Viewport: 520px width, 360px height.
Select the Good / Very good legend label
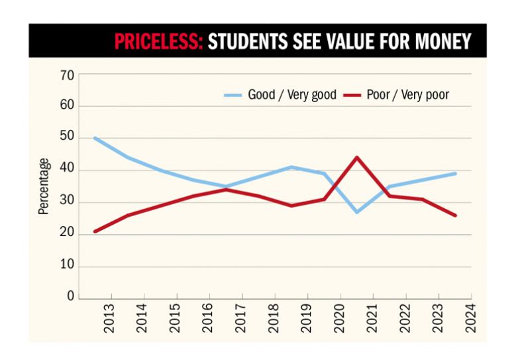(292, 95)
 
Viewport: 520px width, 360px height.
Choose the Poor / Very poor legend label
(407, 95)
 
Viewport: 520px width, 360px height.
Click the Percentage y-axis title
(44, 186)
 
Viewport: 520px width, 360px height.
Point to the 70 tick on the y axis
(67, 74)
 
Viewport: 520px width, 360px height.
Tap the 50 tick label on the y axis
(67, 139)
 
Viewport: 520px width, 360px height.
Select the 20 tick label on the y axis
(67, 235)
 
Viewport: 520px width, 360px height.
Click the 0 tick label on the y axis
(70, 297)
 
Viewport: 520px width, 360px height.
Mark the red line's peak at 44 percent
(357, 157)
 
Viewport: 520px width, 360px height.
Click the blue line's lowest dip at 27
(357, 212)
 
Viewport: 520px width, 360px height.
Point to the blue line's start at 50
(95, 138)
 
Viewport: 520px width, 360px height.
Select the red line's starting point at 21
(95, 231)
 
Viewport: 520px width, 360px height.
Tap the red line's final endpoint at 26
(455, 215)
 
